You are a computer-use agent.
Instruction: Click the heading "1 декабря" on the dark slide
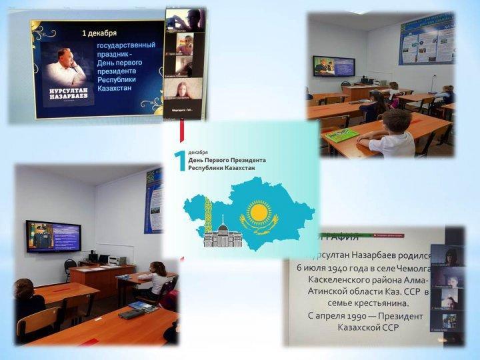click(x=99, y=32)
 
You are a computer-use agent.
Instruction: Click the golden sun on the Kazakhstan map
click(x=259, y=213)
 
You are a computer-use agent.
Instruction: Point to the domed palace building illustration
click(x=219, y=235)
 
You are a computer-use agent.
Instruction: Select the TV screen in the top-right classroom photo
click(x=334, y=66)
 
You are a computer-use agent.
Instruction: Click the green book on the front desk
click(x=342, y=135)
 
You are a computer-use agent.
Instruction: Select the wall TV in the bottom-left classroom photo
click(x=53, y=236)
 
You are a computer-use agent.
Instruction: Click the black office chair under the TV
click(x=70, y=267)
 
